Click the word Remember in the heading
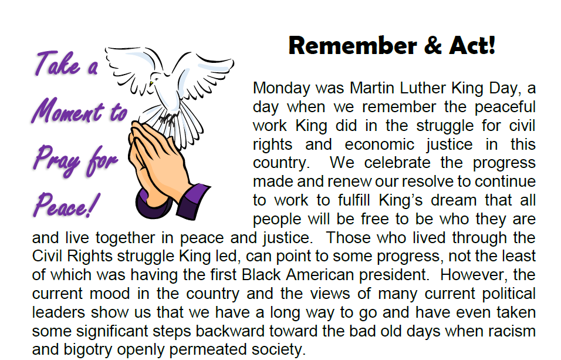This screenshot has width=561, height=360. click(353, 45)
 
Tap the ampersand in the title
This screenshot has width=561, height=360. click(433, 45)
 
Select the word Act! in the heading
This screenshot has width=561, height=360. click(472, 45)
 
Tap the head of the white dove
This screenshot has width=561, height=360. click(156, 79)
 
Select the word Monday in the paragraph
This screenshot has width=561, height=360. click(282, 88)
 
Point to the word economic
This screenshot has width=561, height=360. click(379, 144)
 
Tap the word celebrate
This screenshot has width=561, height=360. click(397, 163)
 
